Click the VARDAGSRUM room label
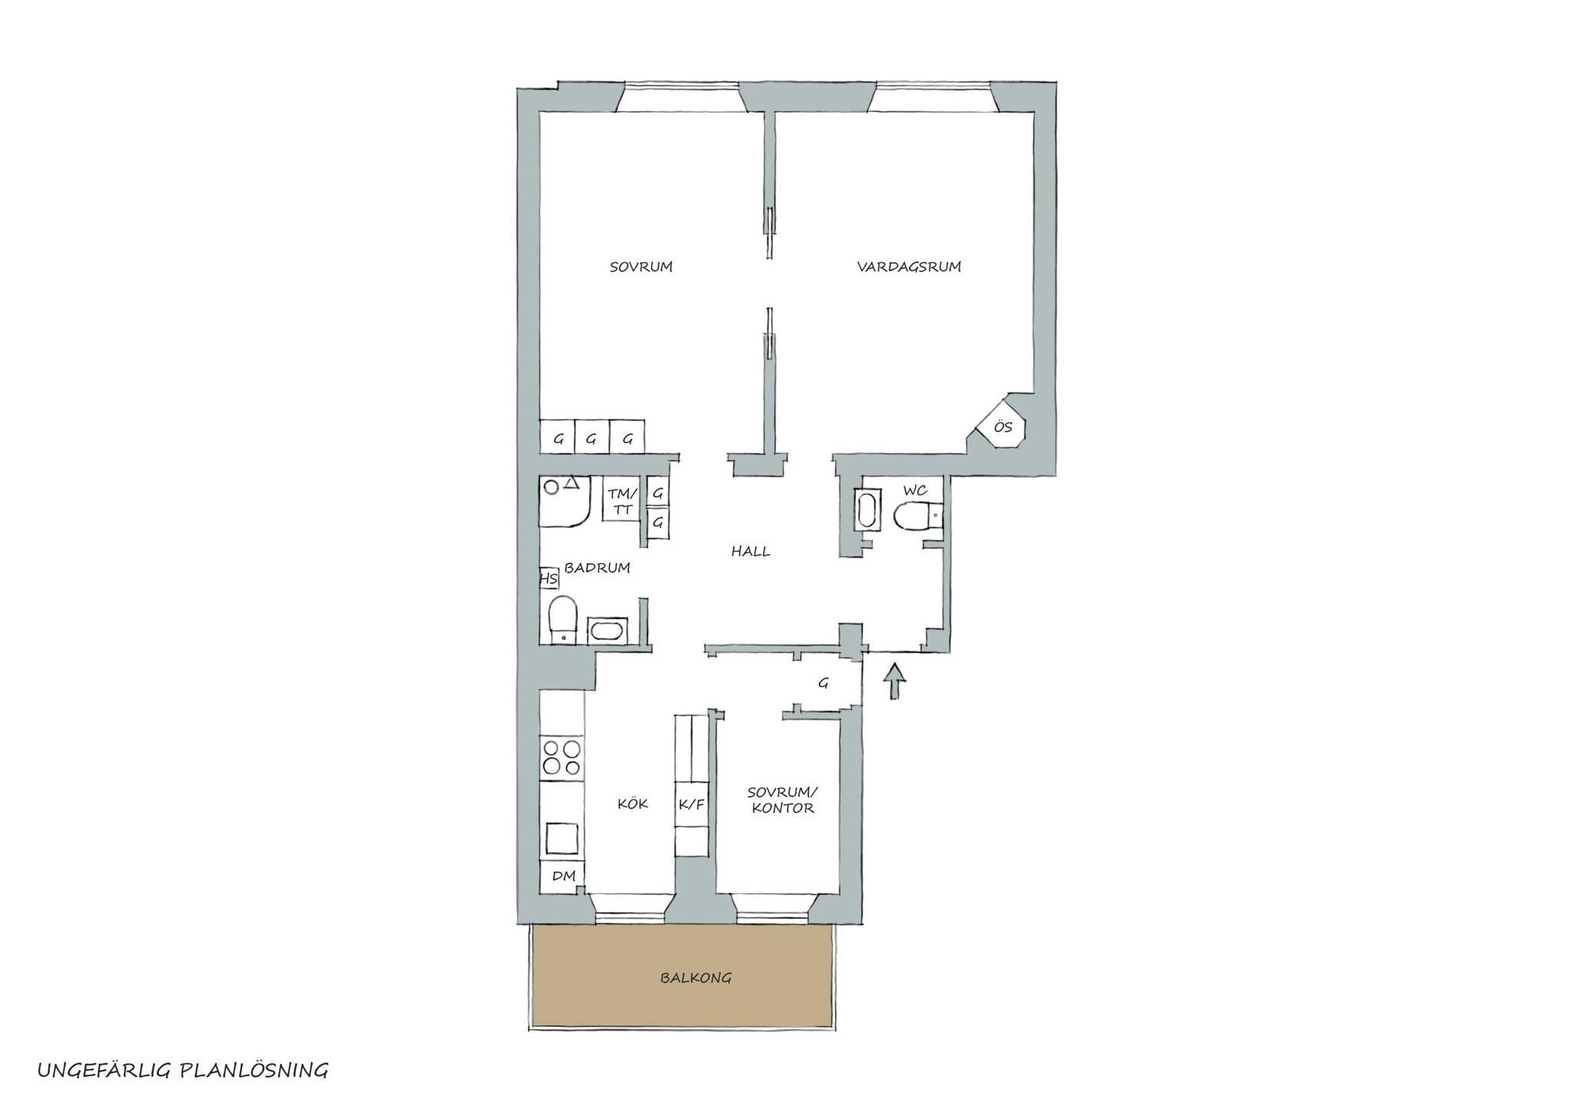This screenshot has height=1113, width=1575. [909, 267]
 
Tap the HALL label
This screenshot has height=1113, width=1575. [751, 551]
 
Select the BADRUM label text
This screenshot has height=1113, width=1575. [598, 568]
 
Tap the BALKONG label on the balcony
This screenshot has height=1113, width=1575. [695, 978]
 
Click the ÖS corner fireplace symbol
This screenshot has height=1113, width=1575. [1001, 425]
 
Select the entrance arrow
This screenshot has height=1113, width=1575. [894, 681]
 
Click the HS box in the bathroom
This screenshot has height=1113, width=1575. [548, 578]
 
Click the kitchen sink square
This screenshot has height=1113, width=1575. [562, 838]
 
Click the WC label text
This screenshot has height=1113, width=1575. [914, 490]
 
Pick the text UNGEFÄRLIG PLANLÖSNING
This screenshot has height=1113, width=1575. [183, 1071]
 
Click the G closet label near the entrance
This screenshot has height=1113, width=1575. [823, 683]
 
